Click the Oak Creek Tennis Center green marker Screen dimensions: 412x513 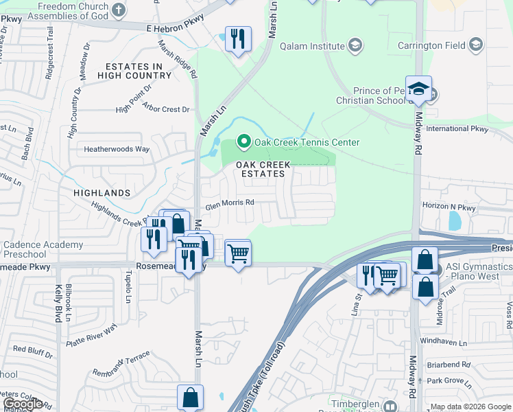pos(243,142)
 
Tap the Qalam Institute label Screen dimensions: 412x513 pos(312,47)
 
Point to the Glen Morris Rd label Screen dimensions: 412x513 pos(230,203)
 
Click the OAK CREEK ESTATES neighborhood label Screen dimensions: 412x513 pos(263,169)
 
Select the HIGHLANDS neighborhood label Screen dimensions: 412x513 pos(102,194)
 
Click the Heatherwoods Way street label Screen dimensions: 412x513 pos(117,149)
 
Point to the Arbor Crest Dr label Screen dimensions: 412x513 pos(166,109)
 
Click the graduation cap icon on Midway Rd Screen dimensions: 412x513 pos(418,89)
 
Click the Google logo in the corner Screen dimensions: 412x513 pos(23,404)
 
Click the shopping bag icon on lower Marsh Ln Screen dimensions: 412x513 pos(190,398)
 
